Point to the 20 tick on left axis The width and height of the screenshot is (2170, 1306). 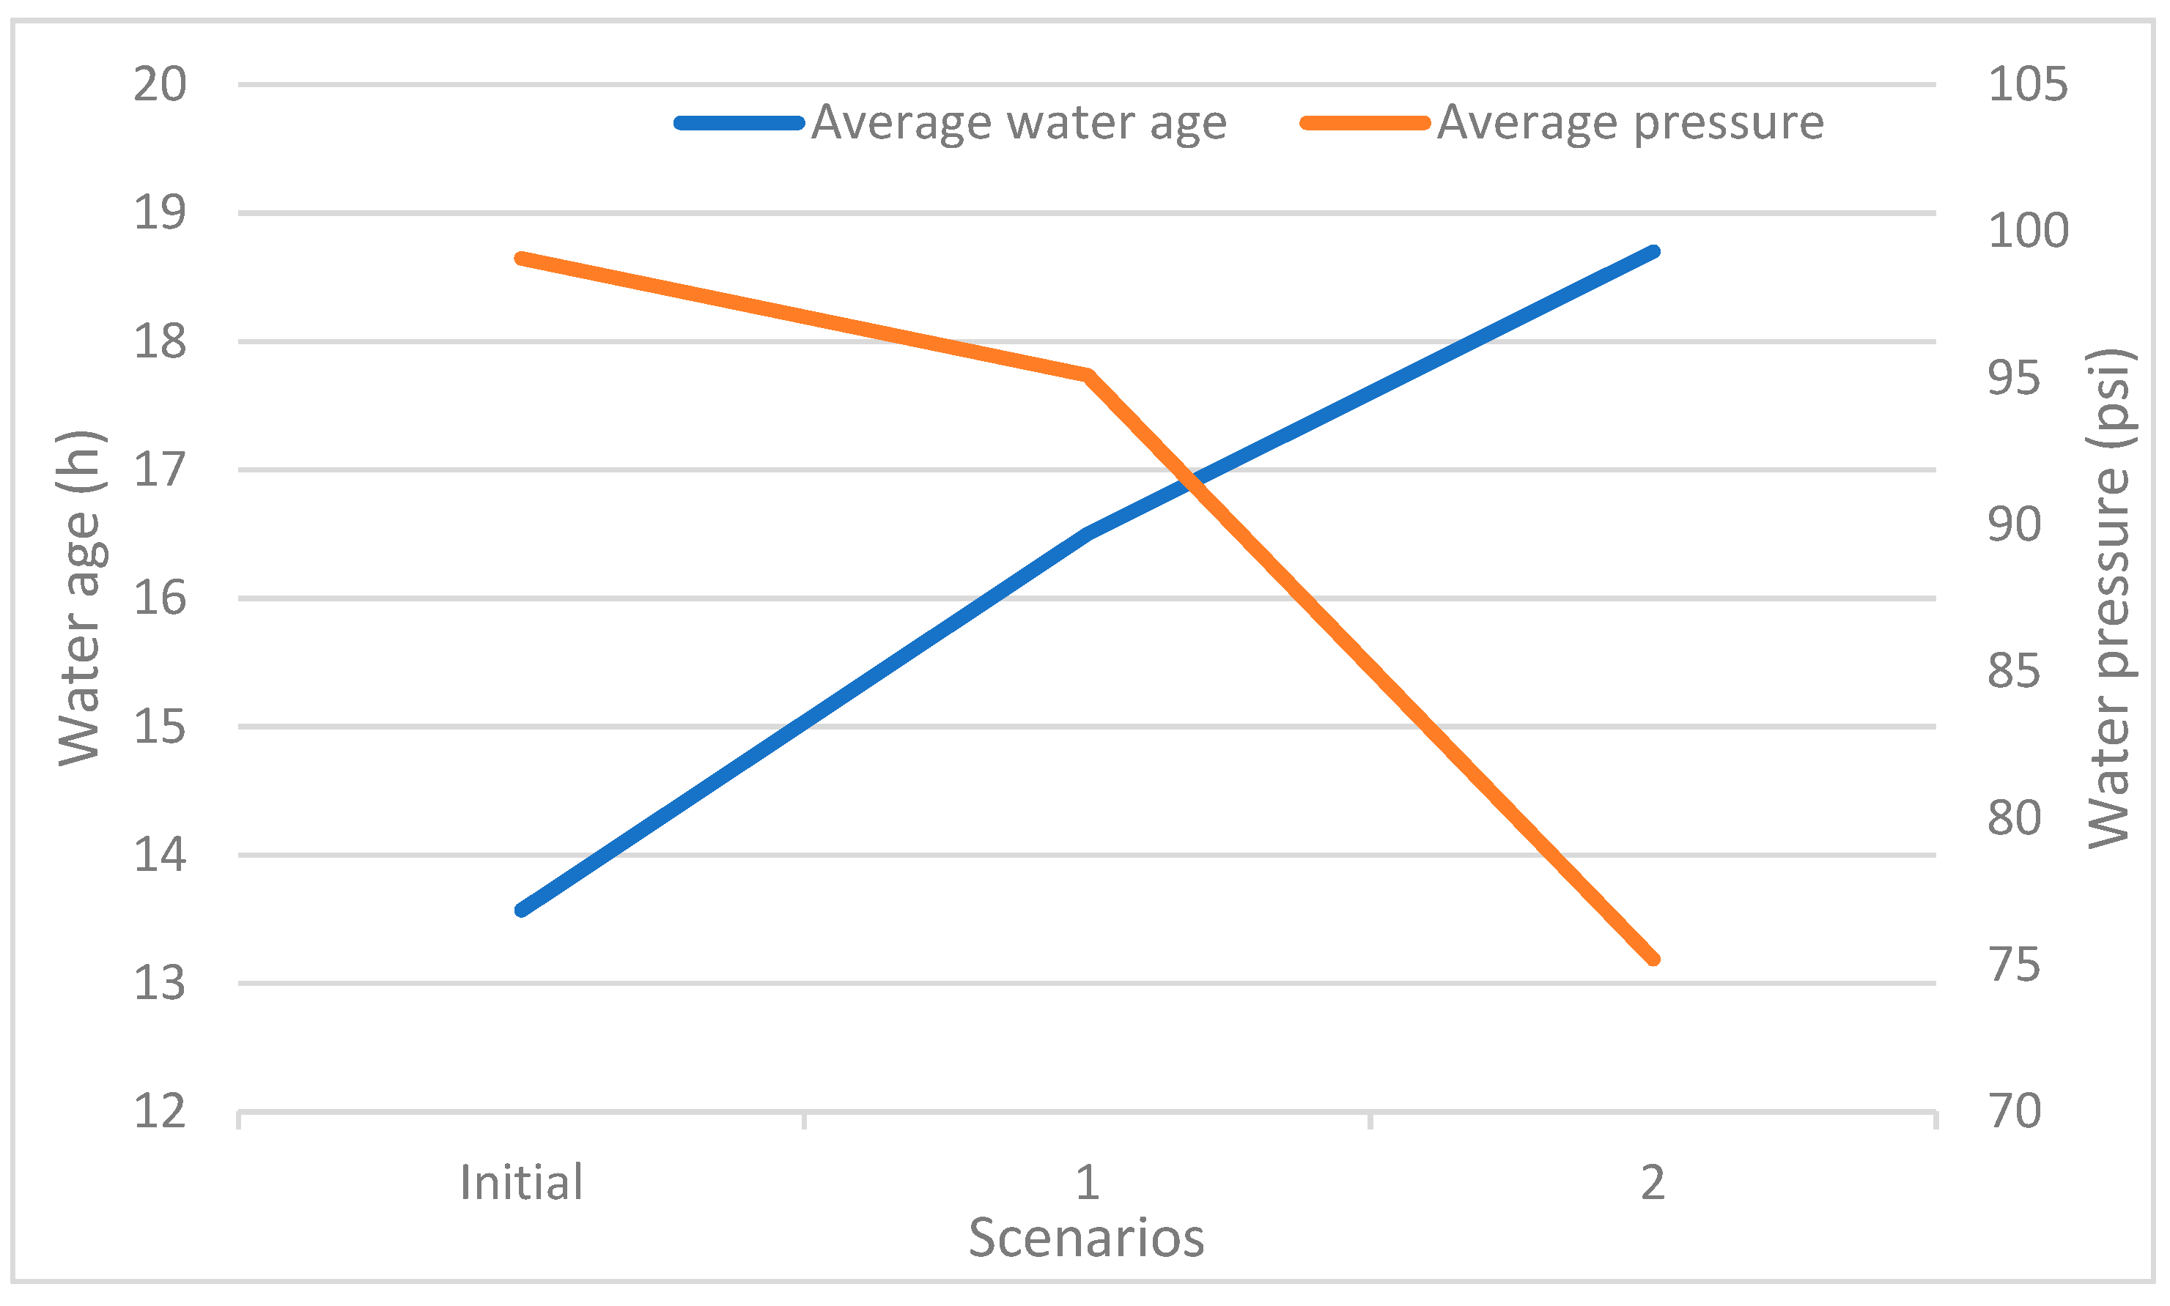coord(160,86)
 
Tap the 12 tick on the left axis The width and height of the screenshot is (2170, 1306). coord(160,1111)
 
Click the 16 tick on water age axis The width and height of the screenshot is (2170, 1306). coord(160,599)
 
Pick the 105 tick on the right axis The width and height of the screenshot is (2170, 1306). coord(2027,86)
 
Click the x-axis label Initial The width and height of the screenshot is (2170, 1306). coord(521,1183)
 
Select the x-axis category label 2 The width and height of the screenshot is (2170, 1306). coord(1653,1183)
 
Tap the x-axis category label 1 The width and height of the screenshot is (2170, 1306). coord(1088,1183)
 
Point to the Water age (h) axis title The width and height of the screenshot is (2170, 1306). coord(81,598)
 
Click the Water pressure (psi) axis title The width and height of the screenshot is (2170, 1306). coord(2108,598)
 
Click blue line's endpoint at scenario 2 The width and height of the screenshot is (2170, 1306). coord(1654,252)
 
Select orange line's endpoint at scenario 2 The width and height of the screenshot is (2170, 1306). coord(1654,960)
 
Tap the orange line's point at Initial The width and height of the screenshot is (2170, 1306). coord(521,259)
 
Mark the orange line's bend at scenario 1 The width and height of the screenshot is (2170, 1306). coord(1088,376)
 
